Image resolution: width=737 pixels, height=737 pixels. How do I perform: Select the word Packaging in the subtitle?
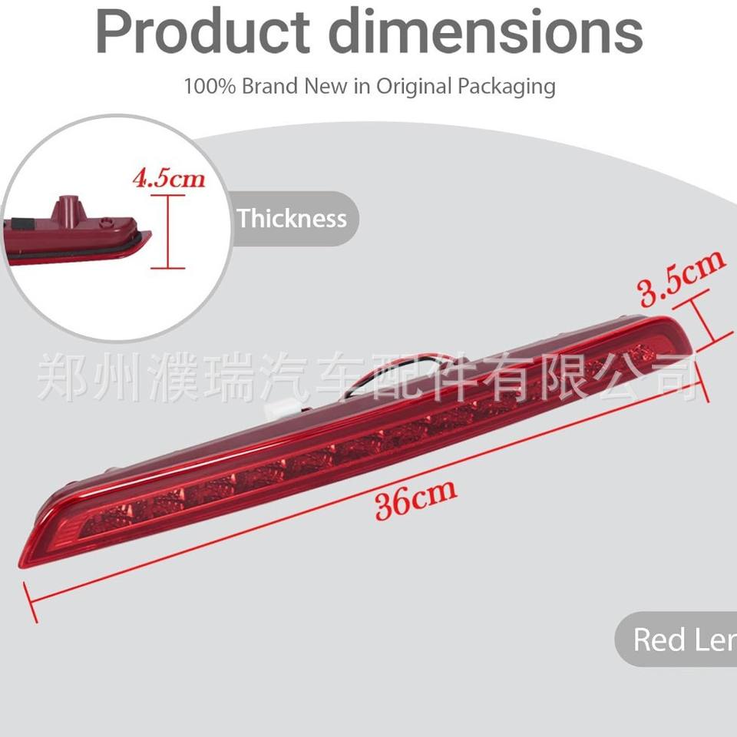point(506,86)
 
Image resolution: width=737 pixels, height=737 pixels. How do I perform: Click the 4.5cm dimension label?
point(169,179)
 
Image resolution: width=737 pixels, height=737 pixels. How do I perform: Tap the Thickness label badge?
point(292,218)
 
